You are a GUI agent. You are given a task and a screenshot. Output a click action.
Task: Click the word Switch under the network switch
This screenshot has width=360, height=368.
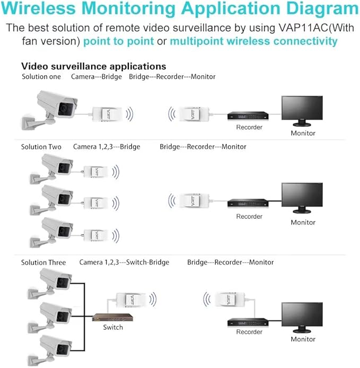(113, 327)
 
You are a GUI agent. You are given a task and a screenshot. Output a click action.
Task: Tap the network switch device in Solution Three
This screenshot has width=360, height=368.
(112, 318)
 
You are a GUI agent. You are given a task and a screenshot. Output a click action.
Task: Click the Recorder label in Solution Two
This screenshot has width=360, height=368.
(249, 216)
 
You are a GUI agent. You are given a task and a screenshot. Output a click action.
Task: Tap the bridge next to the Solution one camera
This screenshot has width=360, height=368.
(109, 113)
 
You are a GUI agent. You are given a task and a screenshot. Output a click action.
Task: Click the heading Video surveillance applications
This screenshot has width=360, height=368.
(93, 66)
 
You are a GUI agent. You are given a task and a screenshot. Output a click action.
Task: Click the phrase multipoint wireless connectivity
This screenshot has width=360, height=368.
(253, 41)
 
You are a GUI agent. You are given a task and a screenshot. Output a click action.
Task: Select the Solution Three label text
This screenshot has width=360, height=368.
(43, 262)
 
